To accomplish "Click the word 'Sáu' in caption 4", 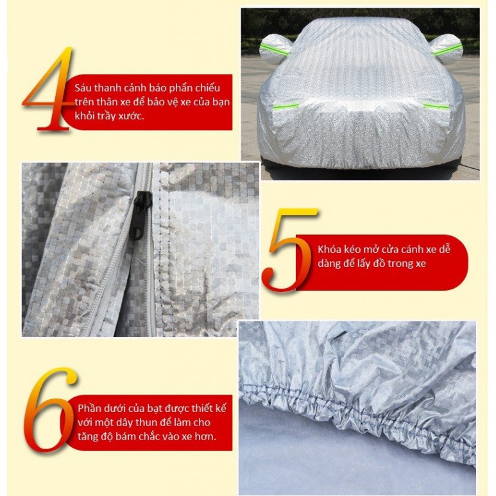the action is (x=83, y=88).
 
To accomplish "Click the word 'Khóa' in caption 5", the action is (x=330, y=249).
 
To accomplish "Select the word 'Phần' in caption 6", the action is (x=90, y=408).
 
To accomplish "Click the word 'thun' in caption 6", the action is (x=157, y=422).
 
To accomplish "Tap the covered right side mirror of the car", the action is (x=446, y=48).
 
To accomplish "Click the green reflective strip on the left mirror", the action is (x=274, y=49).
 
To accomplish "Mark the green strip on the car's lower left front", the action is (x=286, y=107).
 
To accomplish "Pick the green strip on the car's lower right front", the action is (x=436, y=107).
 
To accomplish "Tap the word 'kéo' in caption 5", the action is (x=353, y=249).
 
